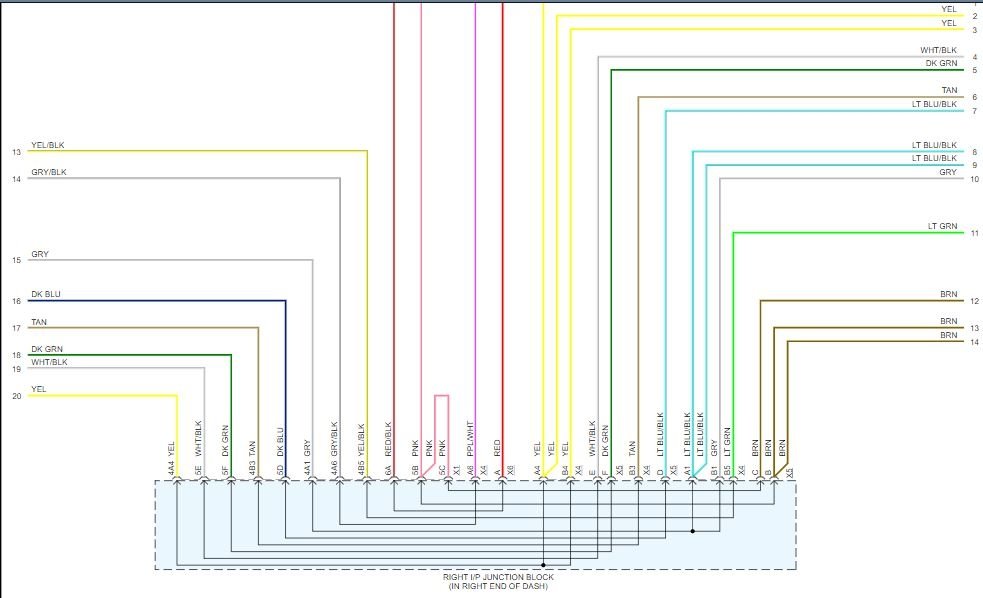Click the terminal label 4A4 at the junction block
tap(173, 467)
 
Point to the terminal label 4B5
tap(362, 467)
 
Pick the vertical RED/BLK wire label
tap(389, 437)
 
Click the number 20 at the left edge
tap(16, 396)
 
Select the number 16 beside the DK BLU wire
tap(16, 301)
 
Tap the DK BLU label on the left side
tap(46, 294)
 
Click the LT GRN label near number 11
tap(941, 227)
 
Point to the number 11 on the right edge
tap(974, 234)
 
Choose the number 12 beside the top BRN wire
tap(974, 301)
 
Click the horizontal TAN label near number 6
tap(949, 90)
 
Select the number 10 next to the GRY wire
tap(974, 179)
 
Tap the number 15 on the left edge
tap(16, 261)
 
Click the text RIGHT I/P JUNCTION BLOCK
tap(497, 577)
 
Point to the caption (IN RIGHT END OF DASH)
tap(497, 586)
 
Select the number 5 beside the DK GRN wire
tap(974, 70)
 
